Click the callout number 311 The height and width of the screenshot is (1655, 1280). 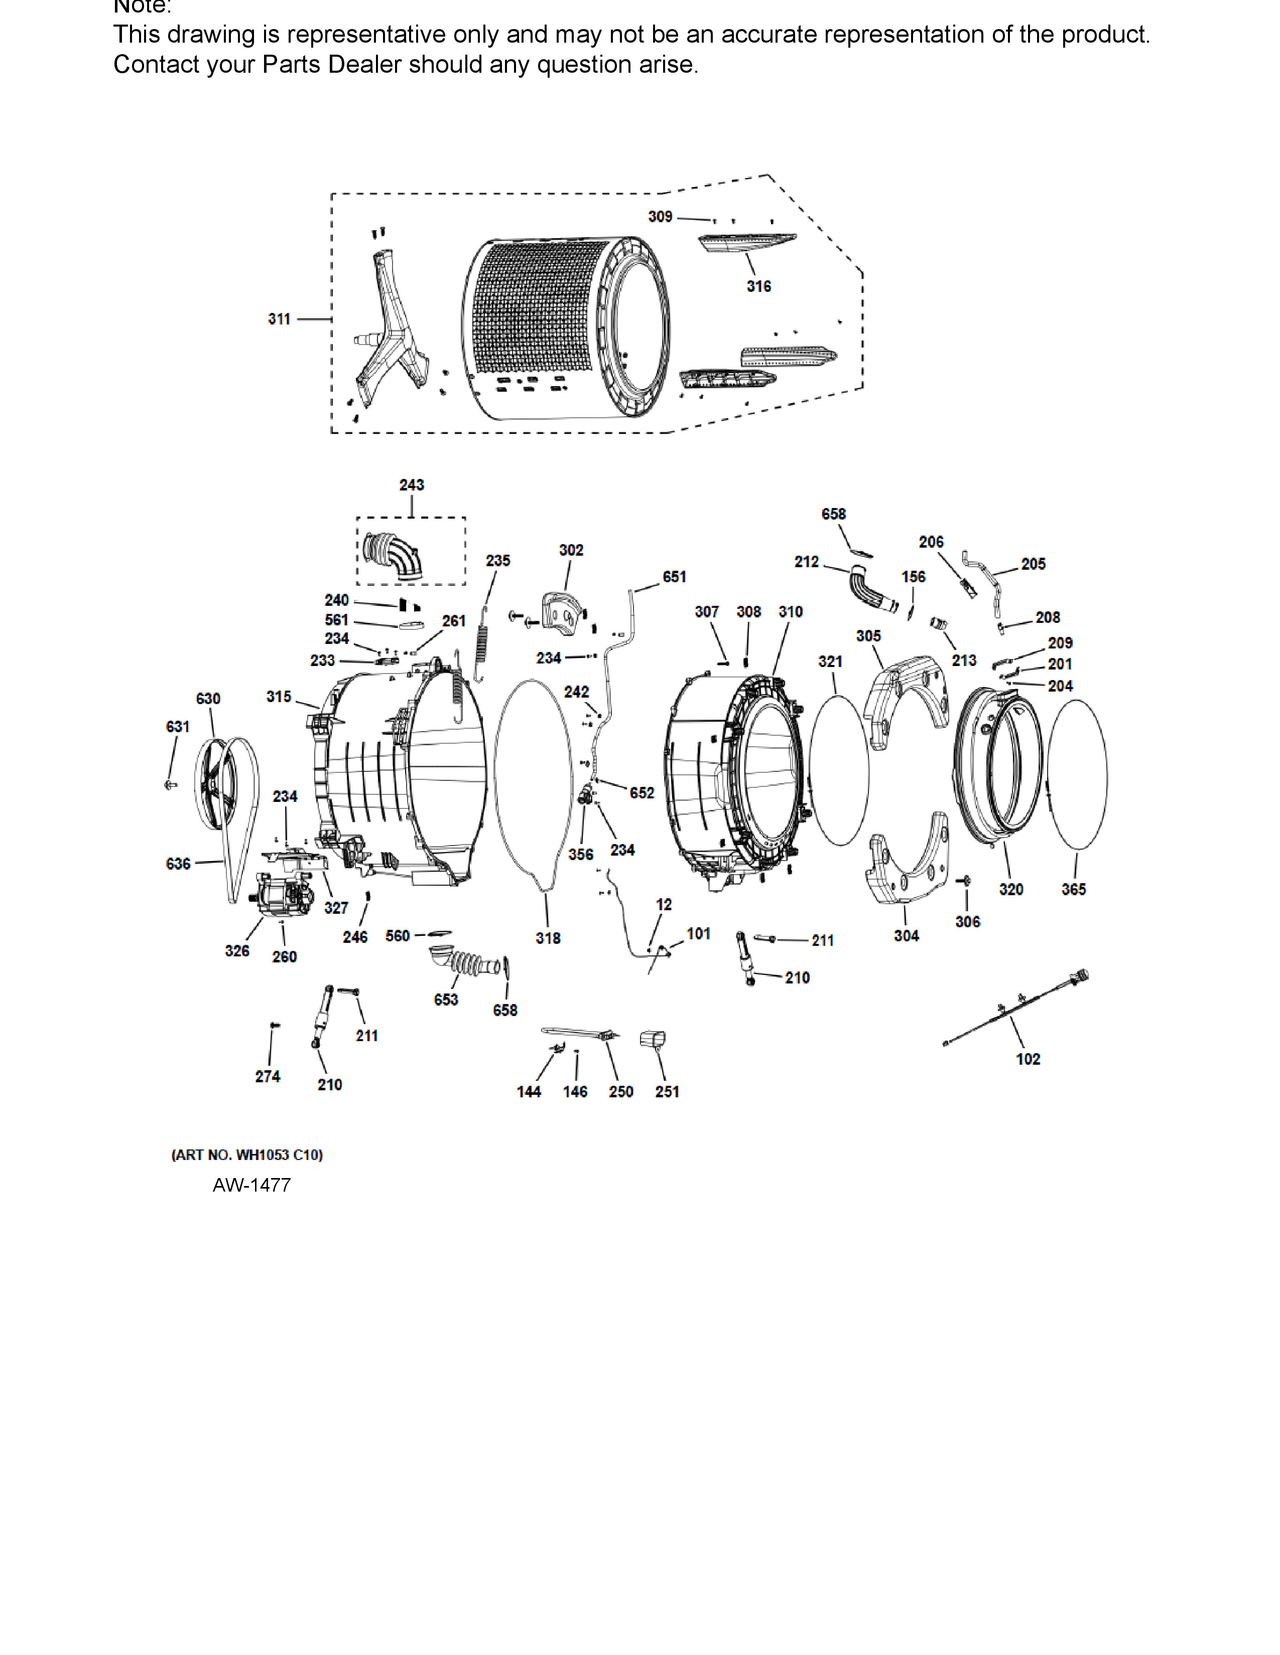point(279,319)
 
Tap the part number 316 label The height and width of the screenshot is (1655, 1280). point(758,286)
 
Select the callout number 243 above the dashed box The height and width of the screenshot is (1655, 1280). point(412,485)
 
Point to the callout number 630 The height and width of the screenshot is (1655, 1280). point(208,699)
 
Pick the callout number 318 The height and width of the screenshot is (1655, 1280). point(548,938)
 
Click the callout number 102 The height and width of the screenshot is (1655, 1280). point(1028,1059)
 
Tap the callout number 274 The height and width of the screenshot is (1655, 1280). point(267,1076)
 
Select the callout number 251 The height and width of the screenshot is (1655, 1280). point(667,1091)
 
